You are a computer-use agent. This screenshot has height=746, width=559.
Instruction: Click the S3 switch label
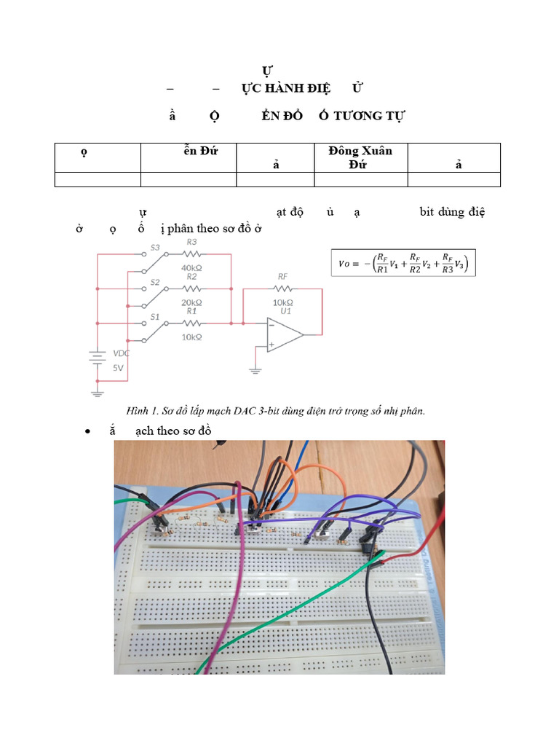[154, 248]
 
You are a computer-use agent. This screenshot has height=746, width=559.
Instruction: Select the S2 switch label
[154, 282]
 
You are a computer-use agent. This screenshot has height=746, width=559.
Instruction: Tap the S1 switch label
[154, 317]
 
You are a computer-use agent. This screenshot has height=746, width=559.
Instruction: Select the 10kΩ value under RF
[283, 302]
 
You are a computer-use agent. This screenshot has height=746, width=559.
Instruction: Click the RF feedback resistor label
[283, 277]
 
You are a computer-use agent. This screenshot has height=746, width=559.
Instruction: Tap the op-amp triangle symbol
[284, 335]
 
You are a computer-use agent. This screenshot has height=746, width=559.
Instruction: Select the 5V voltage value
[118, 368]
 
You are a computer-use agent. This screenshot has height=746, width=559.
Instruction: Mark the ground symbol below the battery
[98, 393]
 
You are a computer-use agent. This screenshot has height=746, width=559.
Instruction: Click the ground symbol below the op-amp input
[255, 371]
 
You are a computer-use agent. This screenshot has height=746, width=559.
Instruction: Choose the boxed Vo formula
[403, 263]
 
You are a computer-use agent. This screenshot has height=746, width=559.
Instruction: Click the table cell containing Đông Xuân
[360, 157]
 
